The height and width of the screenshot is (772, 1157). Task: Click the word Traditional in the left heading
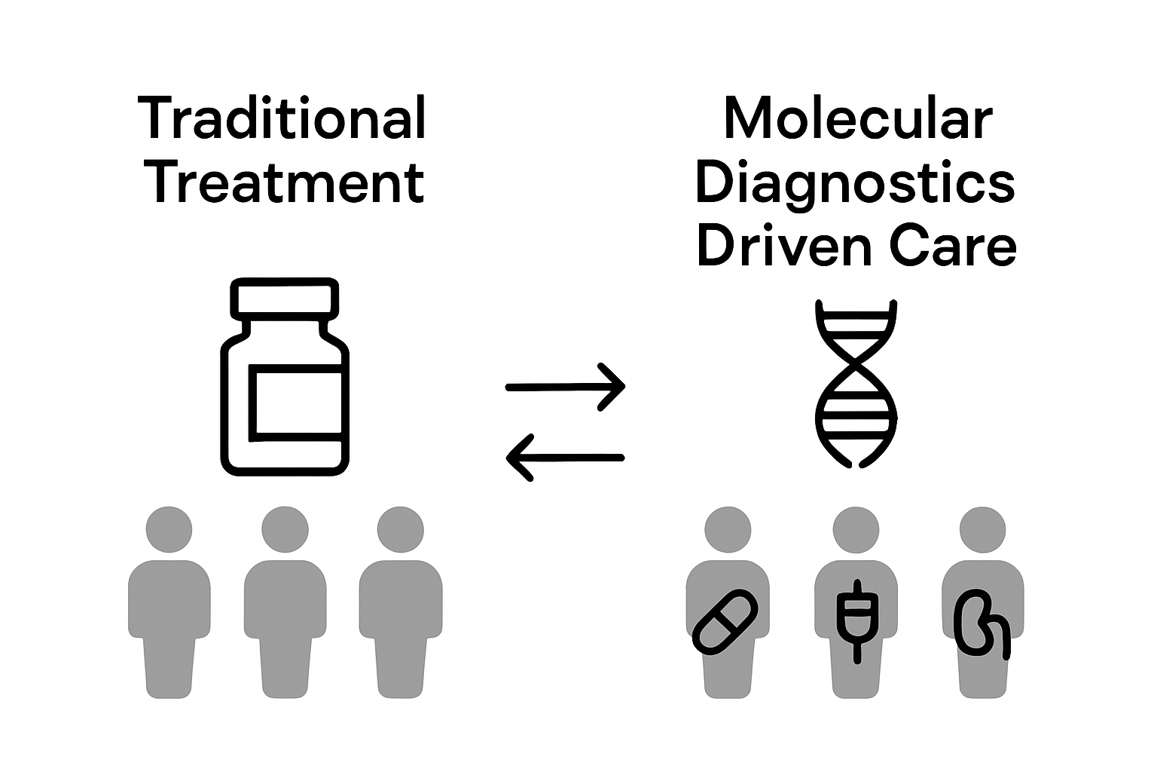click(282, 118)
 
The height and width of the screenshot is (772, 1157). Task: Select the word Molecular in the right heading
click(857, 118)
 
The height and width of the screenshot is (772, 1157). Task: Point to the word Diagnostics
click(855, 183)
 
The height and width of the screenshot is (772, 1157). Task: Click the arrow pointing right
click(565, 387)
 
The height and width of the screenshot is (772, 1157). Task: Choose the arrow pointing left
click(565, 458)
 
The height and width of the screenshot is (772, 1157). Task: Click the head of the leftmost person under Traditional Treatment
click(169, 529)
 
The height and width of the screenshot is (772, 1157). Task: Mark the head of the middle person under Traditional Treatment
click(285, 529)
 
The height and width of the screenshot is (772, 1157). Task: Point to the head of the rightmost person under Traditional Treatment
click(400, 529)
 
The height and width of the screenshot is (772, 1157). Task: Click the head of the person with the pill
click(728, 529)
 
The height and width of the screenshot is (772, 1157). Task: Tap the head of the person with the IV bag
click(856, 529)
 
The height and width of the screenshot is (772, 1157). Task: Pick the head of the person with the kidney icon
click(983, 529)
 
